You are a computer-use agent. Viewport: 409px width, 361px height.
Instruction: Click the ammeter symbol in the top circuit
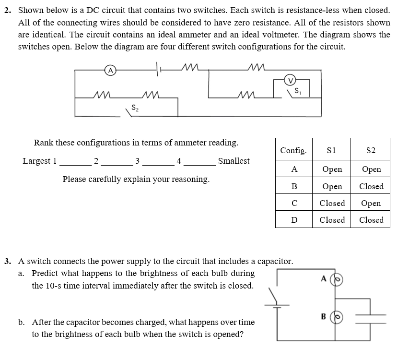coord(111,71)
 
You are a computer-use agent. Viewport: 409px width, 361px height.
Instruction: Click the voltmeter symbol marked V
coord(290,80)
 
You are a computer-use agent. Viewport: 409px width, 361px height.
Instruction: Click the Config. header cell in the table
coord(293,150)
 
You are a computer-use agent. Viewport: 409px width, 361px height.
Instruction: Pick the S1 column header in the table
coord(331,150)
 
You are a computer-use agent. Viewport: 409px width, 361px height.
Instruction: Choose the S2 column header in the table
coord(371,150)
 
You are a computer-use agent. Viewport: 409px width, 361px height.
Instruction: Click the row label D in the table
coord(294,220)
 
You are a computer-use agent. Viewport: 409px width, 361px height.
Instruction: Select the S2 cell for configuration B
coord(371,186)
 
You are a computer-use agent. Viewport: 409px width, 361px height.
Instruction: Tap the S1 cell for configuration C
coord(332,203)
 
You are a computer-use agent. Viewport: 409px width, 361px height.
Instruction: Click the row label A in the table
coord(294,169)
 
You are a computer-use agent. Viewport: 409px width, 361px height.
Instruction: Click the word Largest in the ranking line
coord(36,161)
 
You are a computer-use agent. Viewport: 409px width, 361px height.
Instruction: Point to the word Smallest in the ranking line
coord(234,161)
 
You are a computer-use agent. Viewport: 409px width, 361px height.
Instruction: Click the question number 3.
coord(7,262)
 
